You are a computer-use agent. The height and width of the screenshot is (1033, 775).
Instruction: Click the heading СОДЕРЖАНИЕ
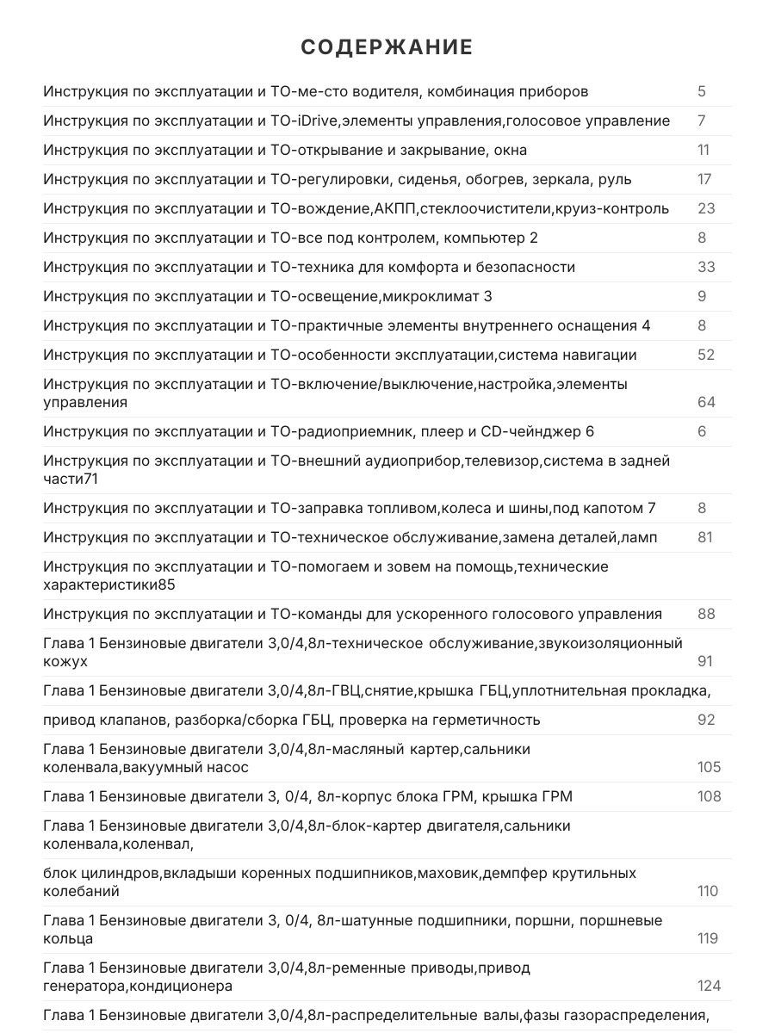pos(387,47)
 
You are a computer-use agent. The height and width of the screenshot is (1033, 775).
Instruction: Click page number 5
pos(702,91)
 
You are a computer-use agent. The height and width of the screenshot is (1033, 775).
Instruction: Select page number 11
pos(704,150)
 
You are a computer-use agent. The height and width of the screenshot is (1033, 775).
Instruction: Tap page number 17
pos(704,179)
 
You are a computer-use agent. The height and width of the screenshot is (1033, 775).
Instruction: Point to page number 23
pos(706,208)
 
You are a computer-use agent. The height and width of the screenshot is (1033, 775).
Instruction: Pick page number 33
pos(706,267)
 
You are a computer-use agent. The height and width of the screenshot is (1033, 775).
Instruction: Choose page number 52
pos(706,355)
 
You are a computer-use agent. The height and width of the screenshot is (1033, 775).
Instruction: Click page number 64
pos(706,402)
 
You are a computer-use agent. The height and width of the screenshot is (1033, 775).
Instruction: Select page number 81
pos(705,537)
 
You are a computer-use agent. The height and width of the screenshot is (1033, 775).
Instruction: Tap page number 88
pos(706,614)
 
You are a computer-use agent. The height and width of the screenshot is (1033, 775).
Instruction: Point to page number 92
pos(706,720)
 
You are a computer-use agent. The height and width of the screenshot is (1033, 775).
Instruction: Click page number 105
pos(709,767)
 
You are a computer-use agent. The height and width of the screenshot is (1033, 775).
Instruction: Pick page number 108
pos(709,796)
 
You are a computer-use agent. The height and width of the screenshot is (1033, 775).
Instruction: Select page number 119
pos(708,938)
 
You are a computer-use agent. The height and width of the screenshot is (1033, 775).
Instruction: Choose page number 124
pos(709,986)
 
